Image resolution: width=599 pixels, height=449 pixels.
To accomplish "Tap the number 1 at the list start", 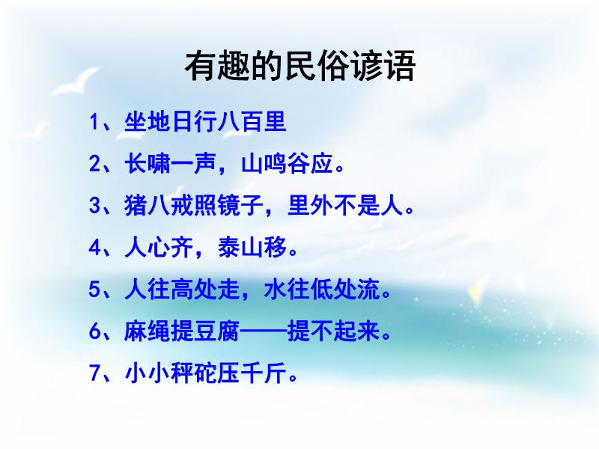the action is (x=94, y=122).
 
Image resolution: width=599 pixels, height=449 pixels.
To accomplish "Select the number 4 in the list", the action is (x=94, y=248).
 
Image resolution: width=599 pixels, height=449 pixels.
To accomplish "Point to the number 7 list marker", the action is (x=94, y=373).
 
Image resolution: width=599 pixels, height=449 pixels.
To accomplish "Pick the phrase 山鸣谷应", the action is (x=287, y=164).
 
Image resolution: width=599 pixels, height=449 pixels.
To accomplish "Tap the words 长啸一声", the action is (x=171, y=164).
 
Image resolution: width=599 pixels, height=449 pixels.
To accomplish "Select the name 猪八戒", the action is (x=159, y=205).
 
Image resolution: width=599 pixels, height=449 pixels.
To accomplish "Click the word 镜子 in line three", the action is (x=240, y=205).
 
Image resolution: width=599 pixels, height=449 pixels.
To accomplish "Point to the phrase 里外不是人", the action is (x=345, y=205).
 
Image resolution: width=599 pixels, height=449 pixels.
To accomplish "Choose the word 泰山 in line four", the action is (x=240, y=248).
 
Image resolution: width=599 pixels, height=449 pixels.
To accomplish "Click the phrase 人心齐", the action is (x=159, y=248).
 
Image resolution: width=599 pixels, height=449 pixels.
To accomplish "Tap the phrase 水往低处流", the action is (x=322, y=289).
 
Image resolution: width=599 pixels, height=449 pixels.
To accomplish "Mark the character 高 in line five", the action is (x=182, y=289).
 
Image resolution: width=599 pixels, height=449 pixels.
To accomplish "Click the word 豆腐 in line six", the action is (x=217, y=331).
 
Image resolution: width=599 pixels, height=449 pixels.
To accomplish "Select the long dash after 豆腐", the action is (x=264, y=331).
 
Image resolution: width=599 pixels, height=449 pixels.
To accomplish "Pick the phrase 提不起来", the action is (x=333, y=331).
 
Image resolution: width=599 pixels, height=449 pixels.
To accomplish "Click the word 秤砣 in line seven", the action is (x=194, y=373).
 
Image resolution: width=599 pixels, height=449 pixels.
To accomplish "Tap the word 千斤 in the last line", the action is (x=264, y=373).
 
